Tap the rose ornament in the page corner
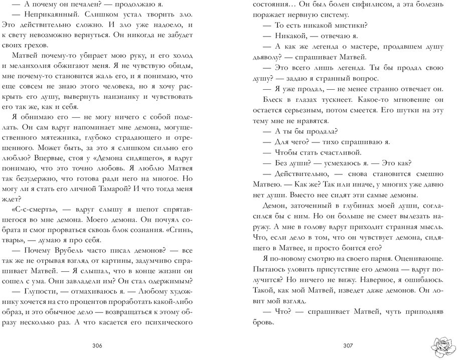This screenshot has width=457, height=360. pos(442,345)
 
